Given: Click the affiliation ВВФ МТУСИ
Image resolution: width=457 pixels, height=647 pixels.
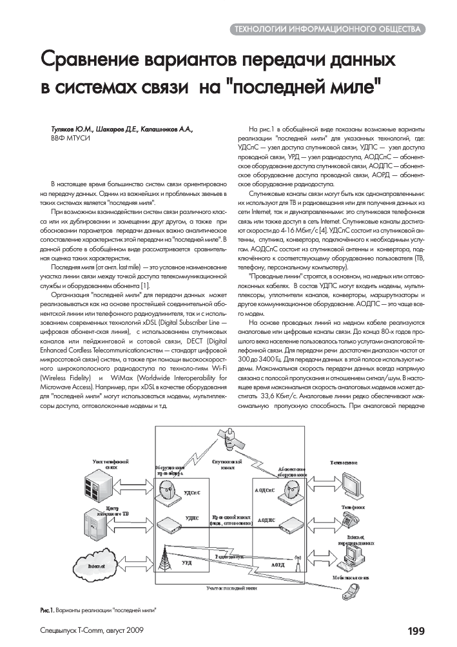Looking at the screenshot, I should pyautogui.click(x=70, y=139).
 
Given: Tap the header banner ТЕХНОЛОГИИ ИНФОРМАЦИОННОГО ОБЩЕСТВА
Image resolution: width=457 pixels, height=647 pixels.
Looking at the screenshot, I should pyautogui.click(x=329, y=30).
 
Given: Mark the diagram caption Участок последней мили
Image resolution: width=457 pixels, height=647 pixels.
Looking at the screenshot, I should pyautogui.click(x=232, y=588).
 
